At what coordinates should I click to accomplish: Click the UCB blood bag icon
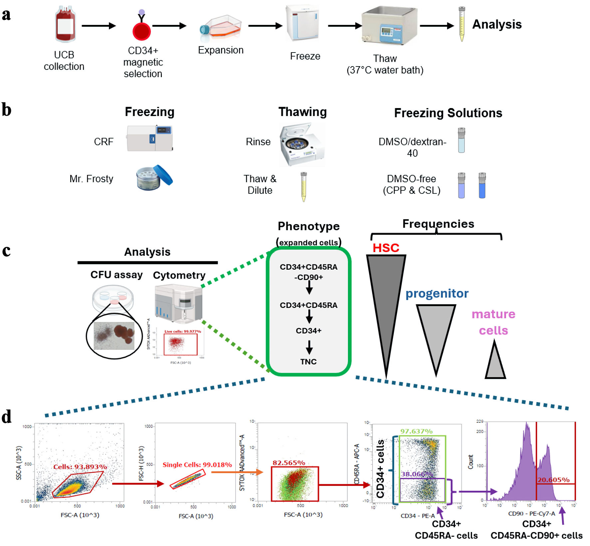(x=65, y=25)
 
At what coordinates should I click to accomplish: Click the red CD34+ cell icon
(x=142, y=32)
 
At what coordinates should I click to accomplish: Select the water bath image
(x=390, y=26)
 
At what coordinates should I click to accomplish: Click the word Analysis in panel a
(x=497, y=24)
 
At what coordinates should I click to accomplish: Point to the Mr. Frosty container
(x=154, y=178)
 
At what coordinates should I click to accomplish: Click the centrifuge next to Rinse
(x=301, y=145)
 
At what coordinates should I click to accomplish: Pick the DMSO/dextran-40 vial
(x=461, y=140)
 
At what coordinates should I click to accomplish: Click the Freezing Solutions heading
(x=448, y=113)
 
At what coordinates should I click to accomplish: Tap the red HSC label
(x=386, y=248)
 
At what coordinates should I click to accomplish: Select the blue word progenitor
(x=437, y=293)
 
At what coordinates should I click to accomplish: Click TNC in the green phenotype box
(x=308, y=361)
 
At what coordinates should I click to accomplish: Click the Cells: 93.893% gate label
(x=80, y=467)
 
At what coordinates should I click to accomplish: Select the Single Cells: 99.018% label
(x=197, y=465)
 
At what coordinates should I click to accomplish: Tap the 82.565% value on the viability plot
(x=289, y=463)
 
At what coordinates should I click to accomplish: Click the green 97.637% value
(x=416, y=431)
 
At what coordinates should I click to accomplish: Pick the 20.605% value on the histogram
(x=553, y=480)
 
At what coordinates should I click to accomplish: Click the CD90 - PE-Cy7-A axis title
(x=531, y=513)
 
